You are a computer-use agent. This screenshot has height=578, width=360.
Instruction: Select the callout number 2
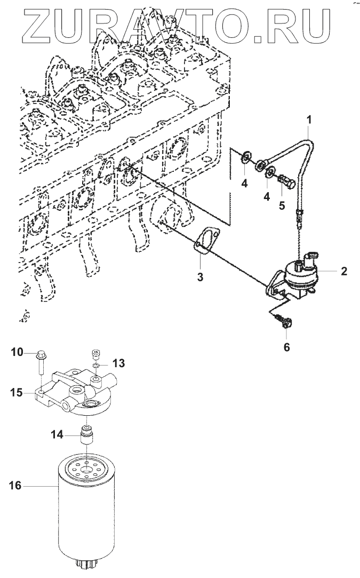344,271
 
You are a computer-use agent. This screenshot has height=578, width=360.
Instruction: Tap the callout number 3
201,277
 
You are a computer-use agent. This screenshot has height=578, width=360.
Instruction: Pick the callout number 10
17,352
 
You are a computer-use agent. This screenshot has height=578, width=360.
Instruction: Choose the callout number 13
118,363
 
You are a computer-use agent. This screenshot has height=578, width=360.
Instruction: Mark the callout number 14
57,435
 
